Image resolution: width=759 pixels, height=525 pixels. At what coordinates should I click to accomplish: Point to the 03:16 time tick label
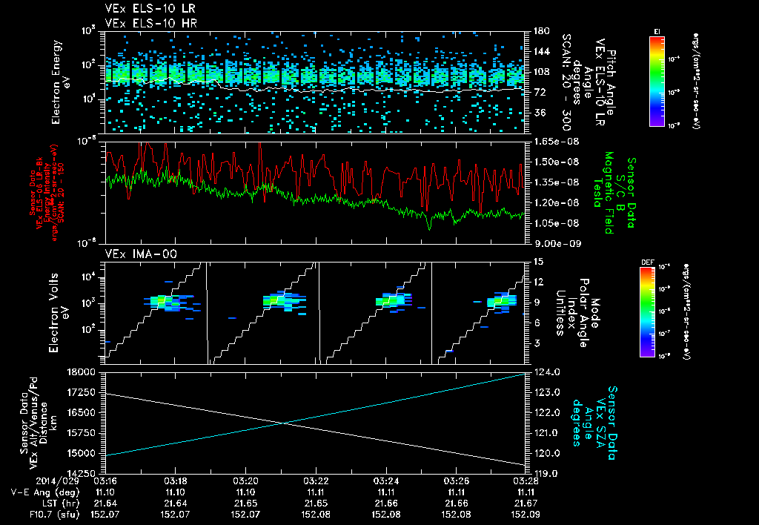pos(106,481)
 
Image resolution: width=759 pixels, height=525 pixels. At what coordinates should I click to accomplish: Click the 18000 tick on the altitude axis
pos(87,372)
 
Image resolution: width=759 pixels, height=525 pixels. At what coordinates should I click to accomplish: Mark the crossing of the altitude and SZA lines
pos(285,423)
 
